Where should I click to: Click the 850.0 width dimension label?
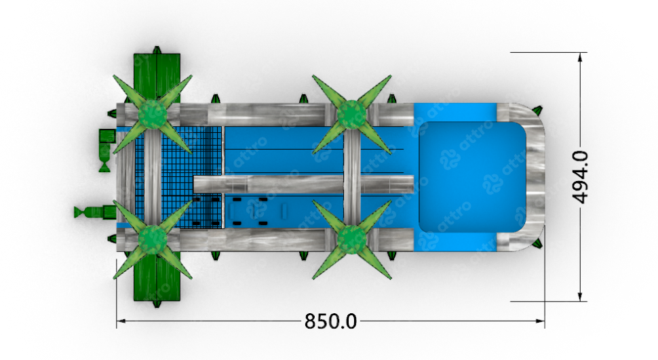(x=330, y=321)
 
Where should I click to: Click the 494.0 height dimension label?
(x=580, y=177)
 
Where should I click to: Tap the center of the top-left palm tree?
(x=153, y=114)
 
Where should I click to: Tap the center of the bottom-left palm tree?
(x=153, y=239)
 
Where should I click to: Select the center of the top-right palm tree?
(x=351, y=114)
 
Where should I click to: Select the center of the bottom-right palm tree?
(x=351, y=239)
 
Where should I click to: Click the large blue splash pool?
(x=472, y=177)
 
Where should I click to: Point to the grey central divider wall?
(x=304, y=184)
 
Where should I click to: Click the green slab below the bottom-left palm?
(x=157, y=277)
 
